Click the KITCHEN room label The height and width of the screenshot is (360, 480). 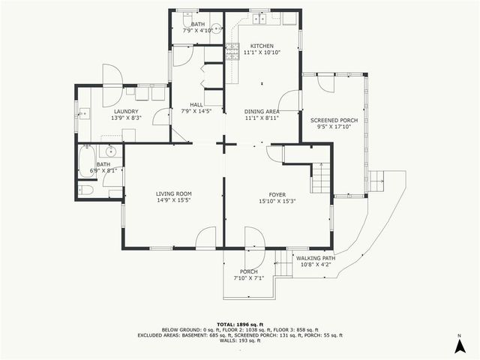262,46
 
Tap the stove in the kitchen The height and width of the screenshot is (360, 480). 232,51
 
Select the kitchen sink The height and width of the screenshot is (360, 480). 259,16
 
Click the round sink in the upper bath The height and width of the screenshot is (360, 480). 215,29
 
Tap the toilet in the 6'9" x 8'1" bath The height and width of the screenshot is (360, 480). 86,190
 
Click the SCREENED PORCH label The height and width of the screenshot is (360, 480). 334,120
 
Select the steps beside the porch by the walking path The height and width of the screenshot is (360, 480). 283,263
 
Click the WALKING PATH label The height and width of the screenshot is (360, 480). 315,258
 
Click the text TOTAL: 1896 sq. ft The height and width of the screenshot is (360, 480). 239,322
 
